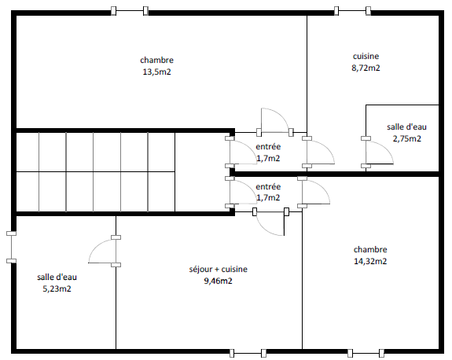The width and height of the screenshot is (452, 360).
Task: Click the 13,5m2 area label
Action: pos(156,72)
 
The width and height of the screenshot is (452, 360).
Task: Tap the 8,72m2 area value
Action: pos(366,68)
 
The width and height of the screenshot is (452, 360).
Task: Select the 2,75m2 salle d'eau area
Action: pos(406,138)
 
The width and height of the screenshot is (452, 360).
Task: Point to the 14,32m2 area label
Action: pos(370,261)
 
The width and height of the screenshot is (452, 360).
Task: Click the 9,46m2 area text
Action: pos(218,281)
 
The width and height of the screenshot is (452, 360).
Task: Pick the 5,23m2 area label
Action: pos(57,288)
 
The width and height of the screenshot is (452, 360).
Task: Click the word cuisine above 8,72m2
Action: pos(366,57)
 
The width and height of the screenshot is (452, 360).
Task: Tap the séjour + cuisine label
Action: pos(219,269)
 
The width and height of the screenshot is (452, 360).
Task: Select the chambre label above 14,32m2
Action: pos(370,249)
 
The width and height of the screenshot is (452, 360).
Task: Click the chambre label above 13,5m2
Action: pos(156,60)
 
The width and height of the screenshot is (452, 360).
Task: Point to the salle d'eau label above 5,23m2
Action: pos(57,277)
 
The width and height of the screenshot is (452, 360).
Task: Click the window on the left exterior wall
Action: pos(11,247)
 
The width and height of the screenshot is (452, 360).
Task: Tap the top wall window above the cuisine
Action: pos(352,11)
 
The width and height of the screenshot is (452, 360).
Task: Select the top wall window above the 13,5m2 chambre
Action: pos(130,11)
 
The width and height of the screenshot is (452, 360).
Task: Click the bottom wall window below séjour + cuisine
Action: pos(248,353)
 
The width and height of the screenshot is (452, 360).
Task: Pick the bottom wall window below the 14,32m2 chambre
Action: pos(366,353)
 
